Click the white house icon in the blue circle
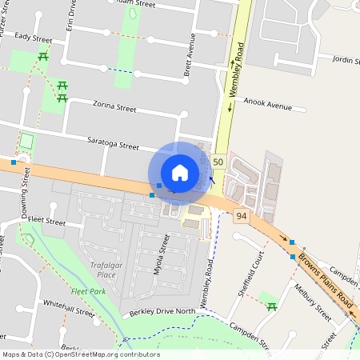coord(180,172)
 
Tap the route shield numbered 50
coord(218,162)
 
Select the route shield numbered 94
coord(242,215)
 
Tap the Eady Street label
coord(33,38)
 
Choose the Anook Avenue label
coord(268,104)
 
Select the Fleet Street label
coord(46,221)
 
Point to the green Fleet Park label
coord(88,292)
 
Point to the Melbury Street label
coord(312,303)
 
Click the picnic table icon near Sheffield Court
coord(272,307)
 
